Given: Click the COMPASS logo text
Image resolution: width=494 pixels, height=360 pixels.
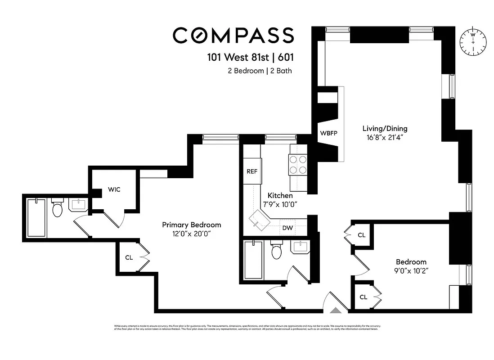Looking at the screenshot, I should [x=233, y=36].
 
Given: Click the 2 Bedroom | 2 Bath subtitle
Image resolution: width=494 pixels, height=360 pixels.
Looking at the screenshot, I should [x=260, y=71].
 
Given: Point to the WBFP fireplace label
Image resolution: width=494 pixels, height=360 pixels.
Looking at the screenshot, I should [x=328, y=133].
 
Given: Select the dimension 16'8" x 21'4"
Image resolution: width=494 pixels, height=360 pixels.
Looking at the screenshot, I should [x=386, y=138].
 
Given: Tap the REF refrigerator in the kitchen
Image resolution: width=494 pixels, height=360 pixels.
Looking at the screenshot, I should [x=252, y=171].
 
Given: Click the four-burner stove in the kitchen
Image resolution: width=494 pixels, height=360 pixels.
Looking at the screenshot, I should [x=297, y=164].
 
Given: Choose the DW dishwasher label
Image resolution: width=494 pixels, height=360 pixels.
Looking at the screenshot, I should [x=287, y=228].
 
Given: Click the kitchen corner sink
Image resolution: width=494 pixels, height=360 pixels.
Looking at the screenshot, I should [x=258, y=220].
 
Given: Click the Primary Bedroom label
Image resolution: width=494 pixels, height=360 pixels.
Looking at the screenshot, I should [x=191, y=225].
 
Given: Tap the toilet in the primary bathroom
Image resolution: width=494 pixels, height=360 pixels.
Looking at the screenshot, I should [x=57, y=208].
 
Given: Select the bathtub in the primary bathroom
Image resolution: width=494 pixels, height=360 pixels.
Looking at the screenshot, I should [x=36, y=218].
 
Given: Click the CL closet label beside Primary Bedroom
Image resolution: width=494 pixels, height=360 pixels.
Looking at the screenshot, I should [x=129, y=257].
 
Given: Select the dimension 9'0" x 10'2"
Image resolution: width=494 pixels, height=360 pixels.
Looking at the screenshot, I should [x=411, y=271].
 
